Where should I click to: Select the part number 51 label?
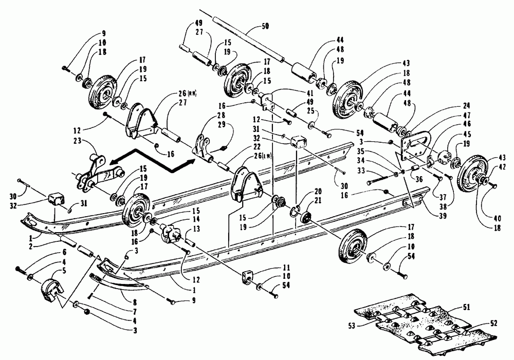pyautogui.click(x=466, y=307)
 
